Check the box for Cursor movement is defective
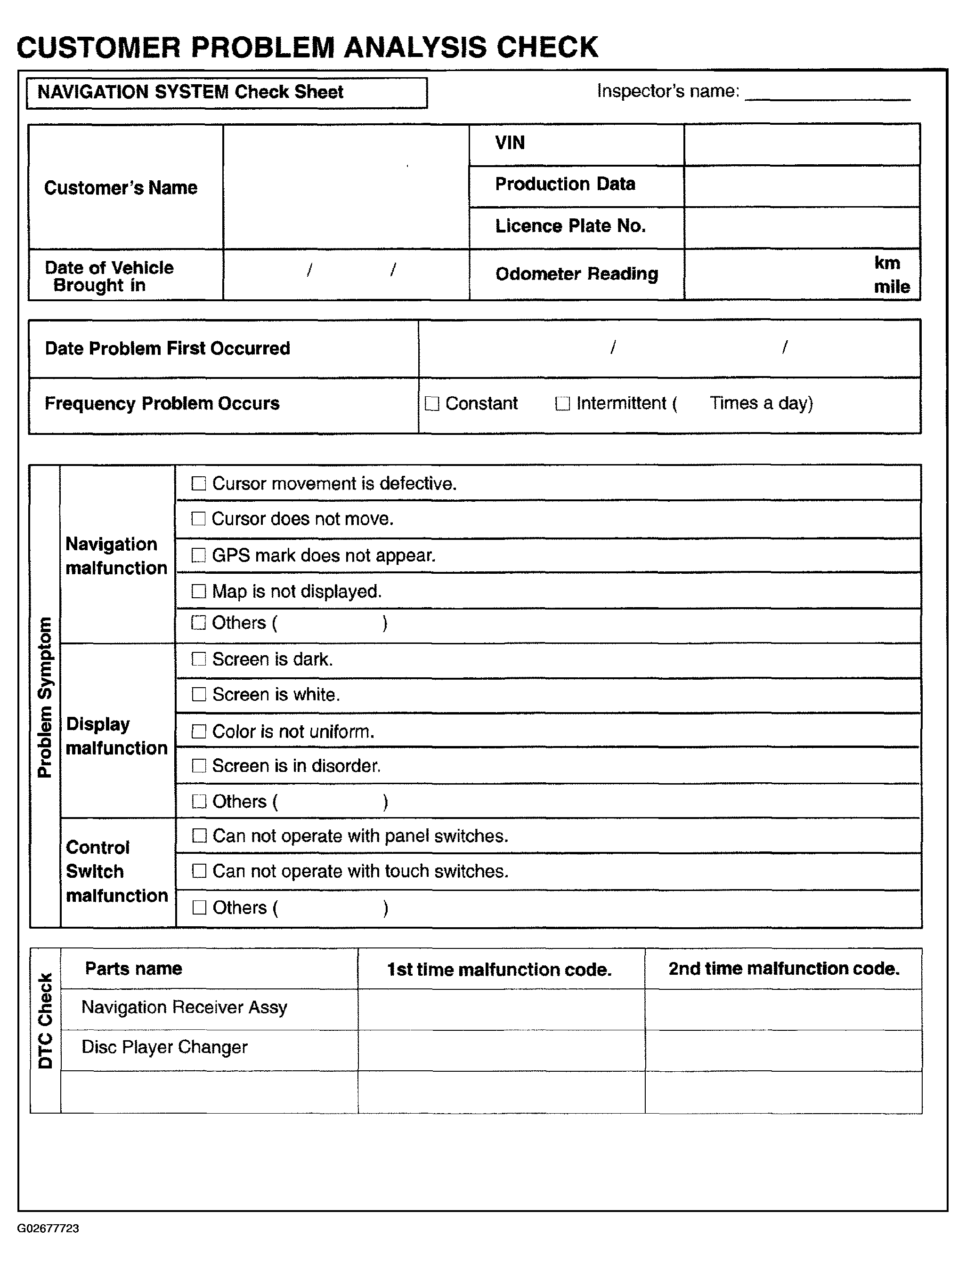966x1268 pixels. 198,483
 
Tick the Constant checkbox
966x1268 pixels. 431,403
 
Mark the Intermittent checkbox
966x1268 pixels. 562,403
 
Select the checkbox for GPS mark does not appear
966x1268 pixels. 198,555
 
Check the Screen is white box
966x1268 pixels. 198,695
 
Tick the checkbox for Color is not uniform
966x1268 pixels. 198,731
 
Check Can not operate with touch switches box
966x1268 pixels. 199,871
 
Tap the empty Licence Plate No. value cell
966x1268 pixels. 802,227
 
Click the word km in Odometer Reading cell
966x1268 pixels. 887,263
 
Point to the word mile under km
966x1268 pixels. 892,287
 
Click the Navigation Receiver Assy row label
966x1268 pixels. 184,1007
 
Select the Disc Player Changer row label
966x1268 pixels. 164,1047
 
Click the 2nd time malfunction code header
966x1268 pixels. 783,969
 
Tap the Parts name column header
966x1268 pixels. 133,969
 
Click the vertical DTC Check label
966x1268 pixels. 45,1020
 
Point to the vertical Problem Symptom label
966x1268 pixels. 45,697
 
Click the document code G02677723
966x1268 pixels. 49,1228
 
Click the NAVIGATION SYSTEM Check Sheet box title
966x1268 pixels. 190,92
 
